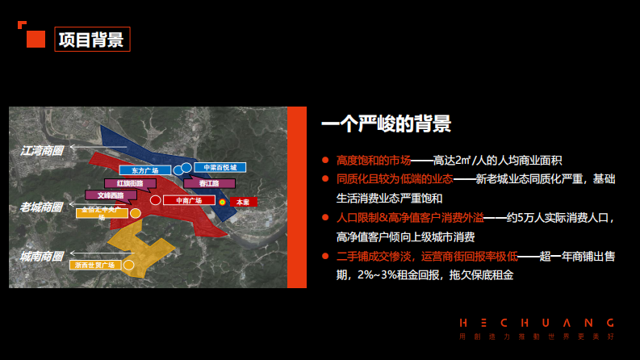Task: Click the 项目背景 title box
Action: pos(92,40)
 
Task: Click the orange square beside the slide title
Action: pos(36,40)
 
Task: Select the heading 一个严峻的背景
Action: pos(386,123)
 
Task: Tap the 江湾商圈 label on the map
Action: pos(42,150)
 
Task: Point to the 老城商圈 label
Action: pos(42,207)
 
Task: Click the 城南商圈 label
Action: pos(42,257)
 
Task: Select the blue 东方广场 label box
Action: pos(144,171)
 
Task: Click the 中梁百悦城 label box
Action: pos(219,167)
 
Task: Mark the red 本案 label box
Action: pos(243,200)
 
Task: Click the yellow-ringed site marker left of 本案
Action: pos(221,201)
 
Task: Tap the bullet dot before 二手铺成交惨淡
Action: pos(325,257)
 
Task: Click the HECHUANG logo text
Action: pos(537,320)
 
